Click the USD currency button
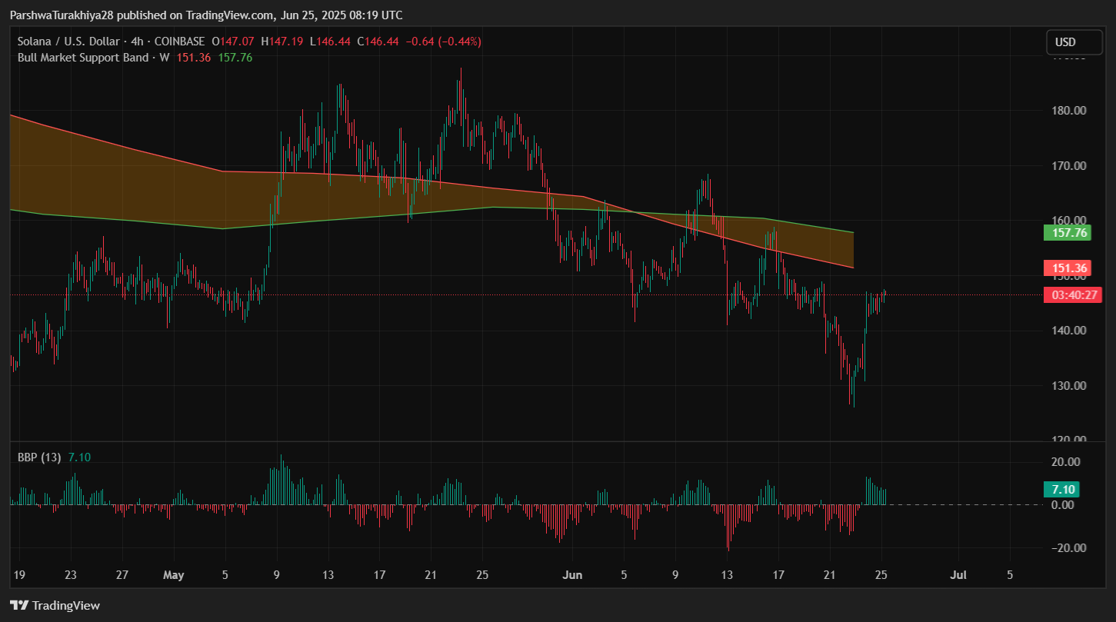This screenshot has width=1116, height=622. click(1065, 42)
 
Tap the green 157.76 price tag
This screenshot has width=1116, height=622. click(1064, 232)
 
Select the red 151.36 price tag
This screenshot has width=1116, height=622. click(1064, 268)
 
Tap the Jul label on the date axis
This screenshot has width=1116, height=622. click(958, 574)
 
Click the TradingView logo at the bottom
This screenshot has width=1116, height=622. click(55, 606)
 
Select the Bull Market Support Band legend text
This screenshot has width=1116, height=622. click(83, 57)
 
